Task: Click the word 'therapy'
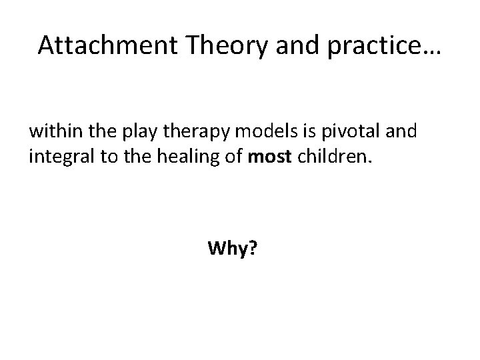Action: tap(181, 131)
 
